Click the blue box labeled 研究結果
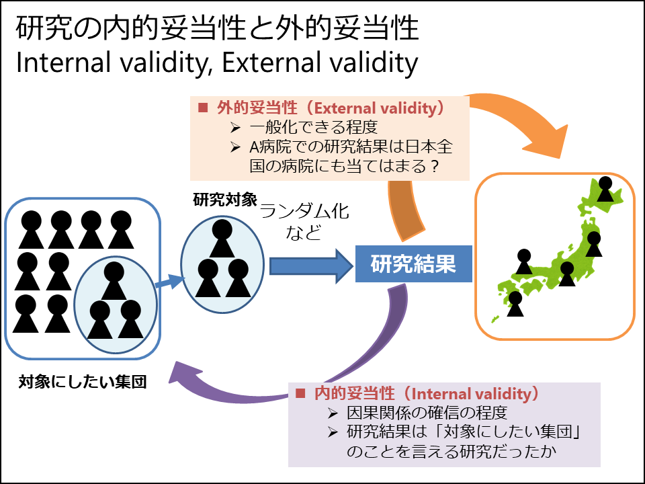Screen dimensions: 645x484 tap(413, 264)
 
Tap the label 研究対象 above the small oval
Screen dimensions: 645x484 tap(225, 200)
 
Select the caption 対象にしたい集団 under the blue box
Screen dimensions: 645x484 tap(83, 382)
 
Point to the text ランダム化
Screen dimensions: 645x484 tap(304, 211)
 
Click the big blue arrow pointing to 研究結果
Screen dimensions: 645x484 tap(311, 266)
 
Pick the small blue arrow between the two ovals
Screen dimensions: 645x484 tap(170, 282)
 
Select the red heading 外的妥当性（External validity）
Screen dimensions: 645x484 tap(331, 108)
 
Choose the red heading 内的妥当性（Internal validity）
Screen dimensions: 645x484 tap(427, 393)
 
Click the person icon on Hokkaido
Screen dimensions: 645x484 tap(605, 189)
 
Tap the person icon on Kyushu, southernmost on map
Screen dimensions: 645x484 tap(515, 304)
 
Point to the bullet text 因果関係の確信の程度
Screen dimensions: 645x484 tap(427, 413)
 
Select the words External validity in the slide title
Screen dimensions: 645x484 tap(320, 63)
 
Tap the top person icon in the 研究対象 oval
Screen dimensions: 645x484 tap(222, 238)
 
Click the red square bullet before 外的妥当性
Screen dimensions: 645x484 tap(203, 108)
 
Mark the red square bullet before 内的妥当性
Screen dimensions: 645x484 tap(300, 393)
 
